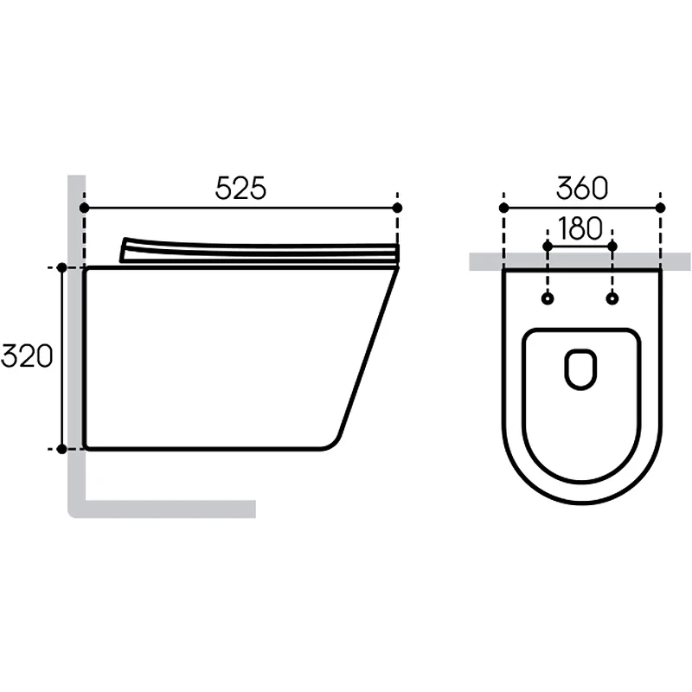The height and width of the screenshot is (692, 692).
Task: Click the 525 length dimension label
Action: tap(240, 188)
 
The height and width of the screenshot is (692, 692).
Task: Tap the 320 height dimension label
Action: tap(27, 356)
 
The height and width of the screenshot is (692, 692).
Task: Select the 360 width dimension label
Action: tap(582, 188)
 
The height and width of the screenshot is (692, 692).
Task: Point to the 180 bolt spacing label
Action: tap(580, 228)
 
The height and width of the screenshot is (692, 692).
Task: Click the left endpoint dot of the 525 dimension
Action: tap(84, 208)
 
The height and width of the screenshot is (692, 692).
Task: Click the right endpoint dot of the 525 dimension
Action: tap(397, 208)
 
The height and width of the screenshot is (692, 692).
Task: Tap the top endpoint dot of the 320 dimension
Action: tap(61, 267)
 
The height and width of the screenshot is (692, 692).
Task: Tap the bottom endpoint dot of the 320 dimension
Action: tap(61, 449)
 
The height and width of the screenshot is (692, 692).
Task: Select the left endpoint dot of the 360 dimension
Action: tap(503, 208)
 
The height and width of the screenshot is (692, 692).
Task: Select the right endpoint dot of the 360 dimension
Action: tap(660, 208)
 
